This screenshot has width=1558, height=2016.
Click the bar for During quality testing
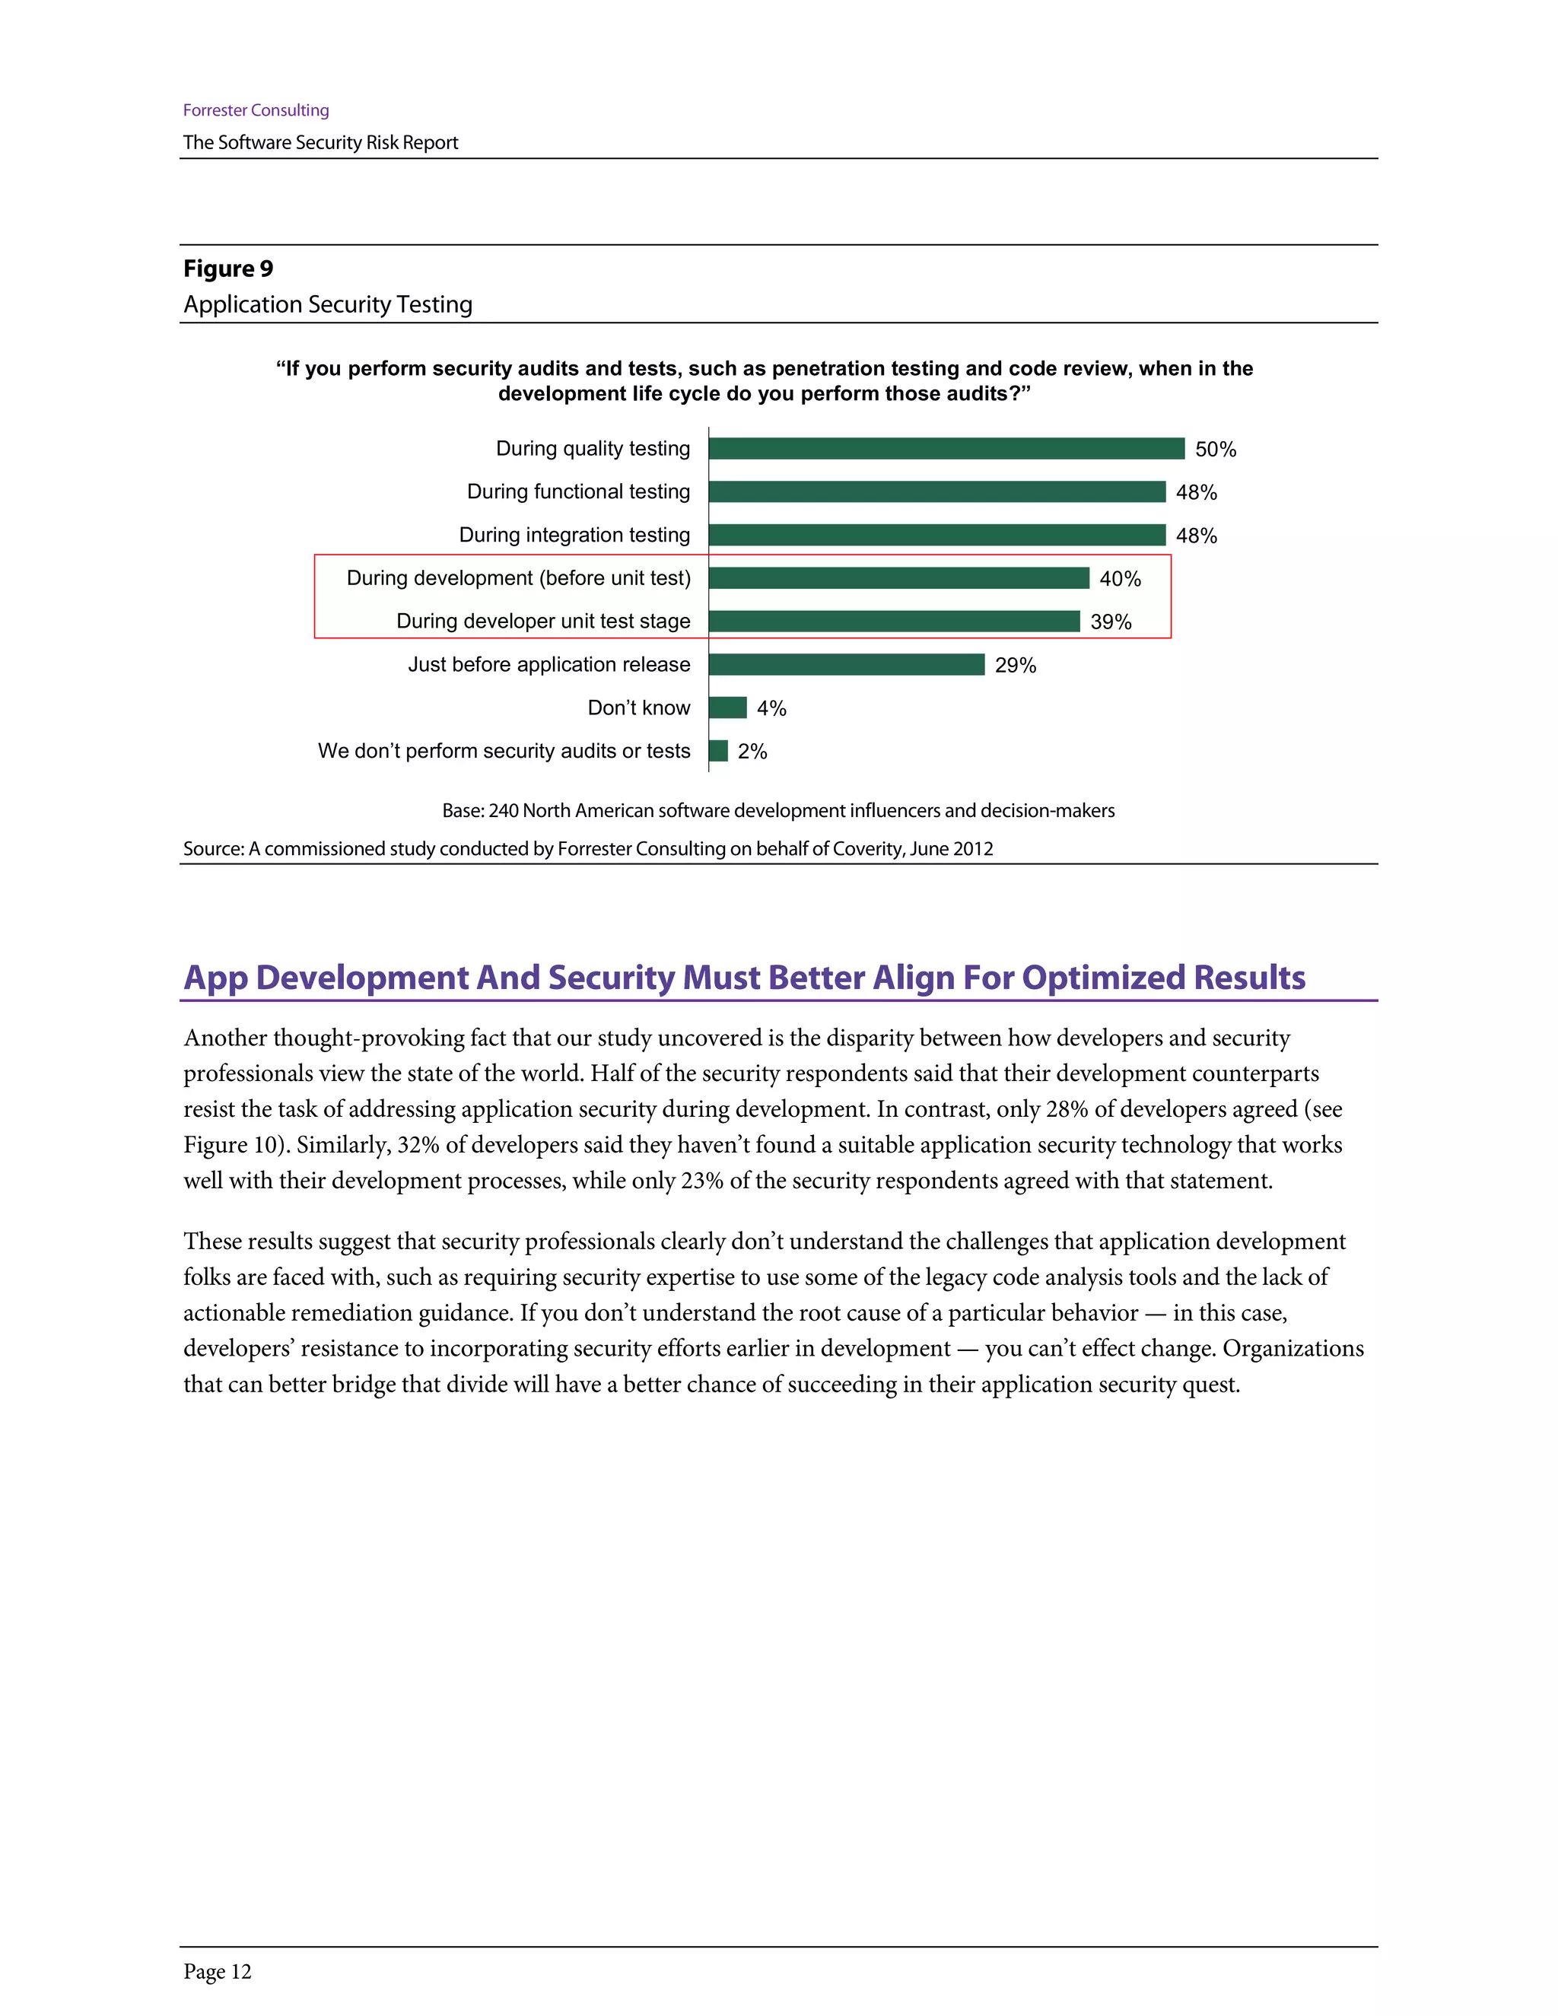[x=946, y=449]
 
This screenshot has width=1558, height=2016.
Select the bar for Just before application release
[x=847, y=665]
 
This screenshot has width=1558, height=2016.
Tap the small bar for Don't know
[x=727, y=708]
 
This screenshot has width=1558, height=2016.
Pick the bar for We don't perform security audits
[x=718, y=750]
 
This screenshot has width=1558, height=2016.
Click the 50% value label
[x=1215, y=450]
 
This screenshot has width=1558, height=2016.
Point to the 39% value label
[x=1111, y=622]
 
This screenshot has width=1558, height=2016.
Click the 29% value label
[x=1016, y=666]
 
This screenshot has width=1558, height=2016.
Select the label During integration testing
[x=574, y=536]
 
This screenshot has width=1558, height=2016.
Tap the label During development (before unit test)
[x=518, y=578]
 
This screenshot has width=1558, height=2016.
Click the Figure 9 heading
[x=228, y=269]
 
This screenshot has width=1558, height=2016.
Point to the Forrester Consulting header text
[x=256, y=110]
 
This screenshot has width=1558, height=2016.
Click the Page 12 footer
[x=217, y=1972]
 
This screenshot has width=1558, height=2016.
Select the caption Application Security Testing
[x=328, y=304]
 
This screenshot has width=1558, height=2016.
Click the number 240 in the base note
[x=503, y=810]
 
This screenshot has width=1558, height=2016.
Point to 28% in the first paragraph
[x=1067, y=1108]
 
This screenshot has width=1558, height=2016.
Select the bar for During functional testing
[x=936, y=492]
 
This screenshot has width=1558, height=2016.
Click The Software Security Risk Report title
[x=320, y=142]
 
